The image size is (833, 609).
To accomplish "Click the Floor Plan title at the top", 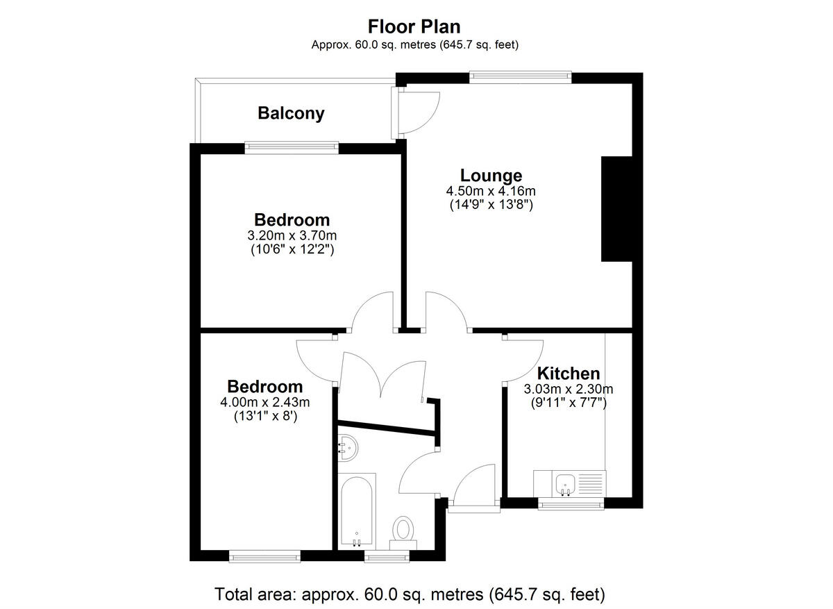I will [x=414, y=26].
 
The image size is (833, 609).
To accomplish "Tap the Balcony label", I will [x=291, y=113].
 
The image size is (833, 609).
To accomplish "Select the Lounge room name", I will [x=491, y=175].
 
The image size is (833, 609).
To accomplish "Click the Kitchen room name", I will [x=569, y=373].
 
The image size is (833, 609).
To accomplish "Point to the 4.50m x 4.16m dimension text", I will [x=491, y=191].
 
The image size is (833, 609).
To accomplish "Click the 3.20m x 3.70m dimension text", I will [x=292, y=235].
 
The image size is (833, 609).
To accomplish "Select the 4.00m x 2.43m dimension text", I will [x=265, y=402].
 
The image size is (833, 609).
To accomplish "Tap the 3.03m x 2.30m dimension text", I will [x=569, y=389].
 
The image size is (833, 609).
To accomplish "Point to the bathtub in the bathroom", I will [x=357, y=510].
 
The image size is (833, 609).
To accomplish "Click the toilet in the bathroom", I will [x=402, y=529].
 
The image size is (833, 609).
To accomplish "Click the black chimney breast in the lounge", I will [x=617, y=208].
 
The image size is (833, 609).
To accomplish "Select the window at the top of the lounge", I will [x=520, y=77].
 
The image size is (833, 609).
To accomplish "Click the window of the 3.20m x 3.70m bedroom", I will [x=292, y=147].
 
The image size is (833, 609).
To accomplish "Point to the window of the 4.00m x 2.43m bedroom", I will [x=265, y=556].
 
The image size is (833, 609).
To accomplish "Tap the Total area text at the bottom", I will [x=410, y=594].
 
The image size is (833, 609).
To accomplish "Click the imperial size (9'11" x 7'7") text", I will [x=569, y=402].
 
